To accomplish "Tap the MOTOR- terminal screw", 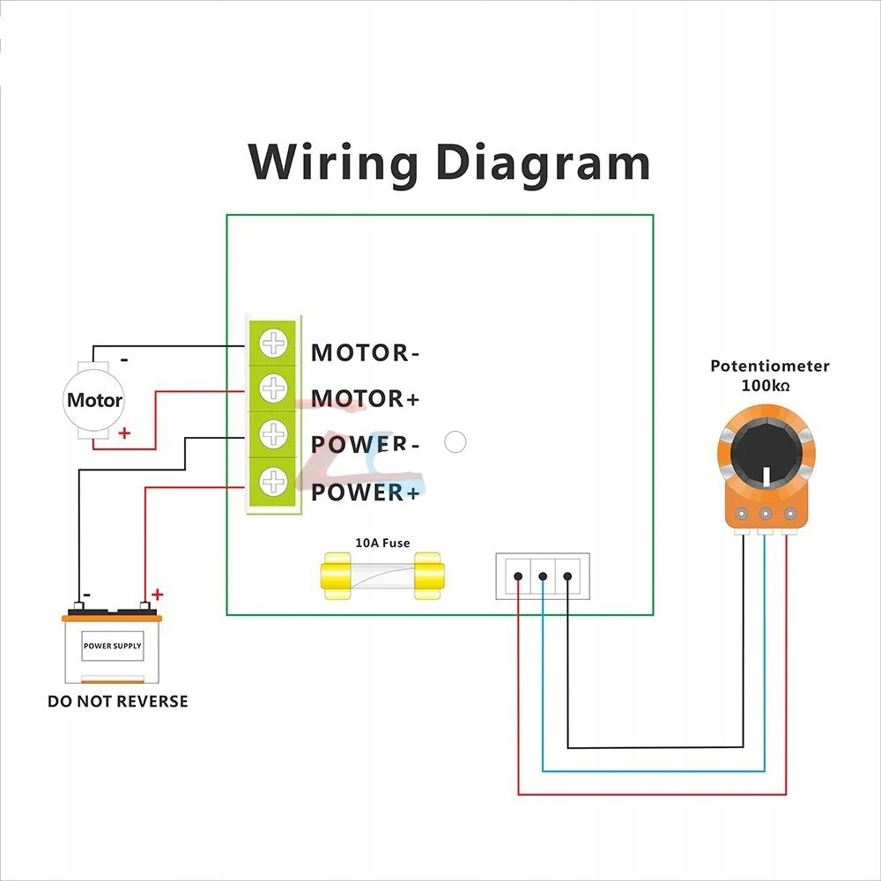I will pyautogui.click(x=275, y=342).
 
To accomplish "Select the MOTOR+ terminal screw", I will pyautogui.click(x=275, y=388).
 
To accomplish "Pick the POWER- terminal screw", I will pyautogui.click(x=275, y=433).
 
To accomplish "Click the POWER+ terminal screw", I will pyautogui.click(x=275, y=480).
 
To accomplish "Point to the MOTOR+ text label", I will pyautogui.click(x=365, y=399).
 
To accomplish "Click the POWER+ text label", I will pyautogui.click(x=365, y=492).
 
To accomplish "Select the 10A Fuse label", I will pyautogui.click(x=381, y=543).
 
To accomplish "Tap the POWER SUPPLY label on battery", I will pyautogui.click(x=113, y=646).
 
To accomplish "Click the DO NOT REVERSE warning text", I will pyautogui.click(x=117, y=701).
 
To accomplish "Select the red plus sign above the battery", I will pyautogui.click(x=158, y=595).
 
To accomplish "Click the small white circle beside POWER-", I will pyautogui.click(x=455, y=442).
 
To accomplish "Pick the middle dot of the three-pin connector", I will pyautogui.click(x=543, y=577).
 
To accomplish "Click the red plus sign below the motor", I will pyautogui.click(x=124, y=433).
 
